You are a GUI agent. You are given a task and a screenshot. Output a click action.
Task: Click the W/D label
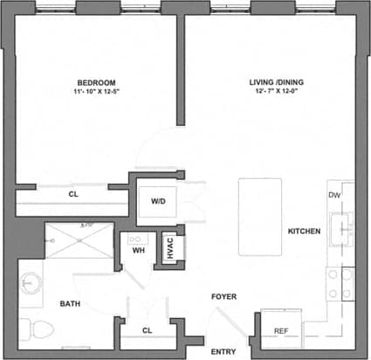coord(158,201)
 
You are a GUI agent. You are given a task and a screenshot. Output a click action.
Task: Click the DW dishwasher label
coord(333,195)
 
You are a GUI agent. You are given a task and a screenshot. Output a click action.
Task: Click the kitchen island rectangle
coord(259,216)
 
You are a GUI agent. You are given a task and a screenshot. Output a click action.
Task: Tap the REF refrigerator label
coord(281,331)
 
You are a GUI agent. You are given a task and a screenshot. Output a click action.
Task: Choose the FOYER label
coord(224,297)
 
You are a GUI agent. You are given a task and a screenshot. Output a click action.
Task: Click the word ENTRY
coord(223,351)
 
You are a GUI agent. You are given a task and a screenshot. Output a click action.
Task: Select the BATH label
coord(71,304)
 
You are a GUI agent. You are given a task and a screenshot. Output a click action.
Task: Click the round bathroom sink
coord(30,284)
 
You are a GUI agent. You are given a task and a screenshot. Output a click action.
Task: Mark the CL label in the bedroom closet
coord(73,194)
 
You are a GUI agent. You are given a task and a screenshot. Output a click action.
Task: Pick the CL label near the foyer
coord(148,330)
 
